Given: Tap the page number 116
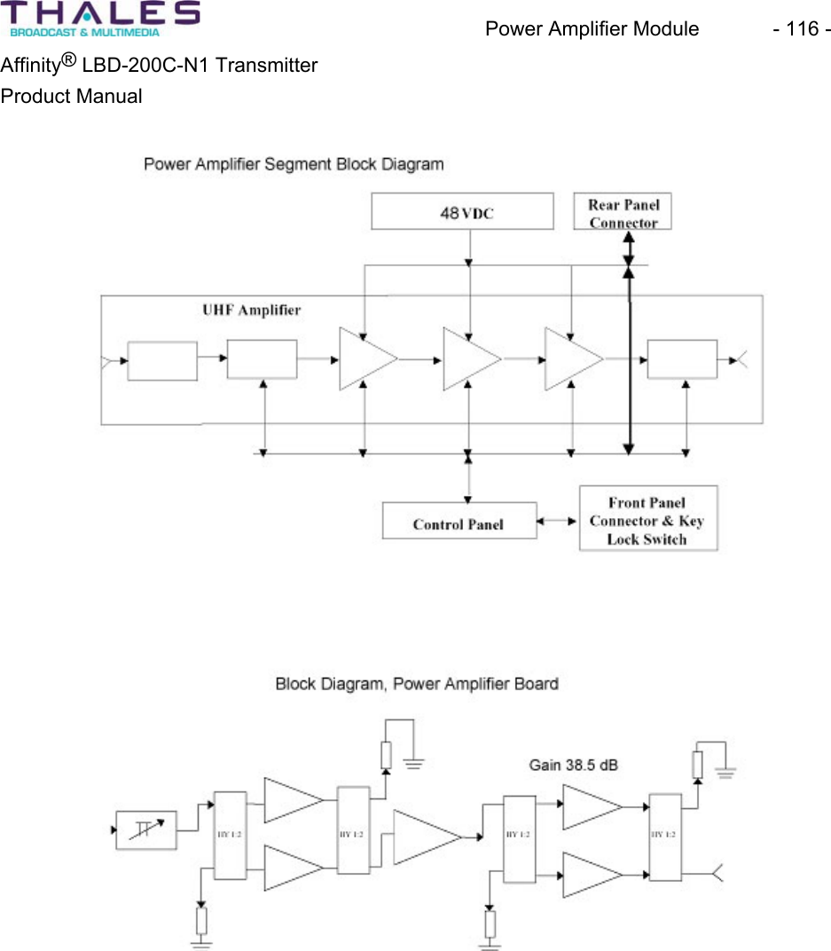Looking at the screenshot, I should pyautogui.click(x=801, y=28).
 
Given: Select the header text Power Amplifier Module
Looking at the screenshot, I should pyautogui.click(x=592, y=28).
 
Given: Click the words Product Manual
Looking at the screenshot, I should pyautogui.click(x=71, y=96).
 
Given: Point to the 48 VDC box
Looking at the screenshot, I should pyautogui.click(x=461, y=213).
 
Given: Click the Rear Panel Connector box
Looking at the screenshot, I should pyautogui.click(x=623, y=213).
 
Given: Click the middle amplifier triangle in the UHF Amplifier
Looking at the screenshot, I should pyautogui.click(x=468, y=359).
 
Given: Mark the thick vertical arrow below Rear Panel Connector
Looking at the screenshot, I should pyautogui.click(x=629, y=355).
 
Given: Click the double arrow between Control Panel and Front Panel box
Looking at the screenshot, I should pyautogui.click(x=558, y=521).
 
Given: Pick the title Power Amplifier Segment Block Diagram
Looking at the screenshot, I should pyautogui.click(x=294, y=164).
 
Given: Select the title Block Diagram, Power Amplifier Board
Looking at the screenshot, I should pyautogui.click(x=417, y=683).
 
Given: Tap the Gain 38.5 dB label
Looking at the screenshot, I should pyautogui.click(x=573, y=764).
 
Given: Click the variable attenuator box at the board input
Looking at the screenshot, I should pyautogui.click(x=146, y=830).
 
